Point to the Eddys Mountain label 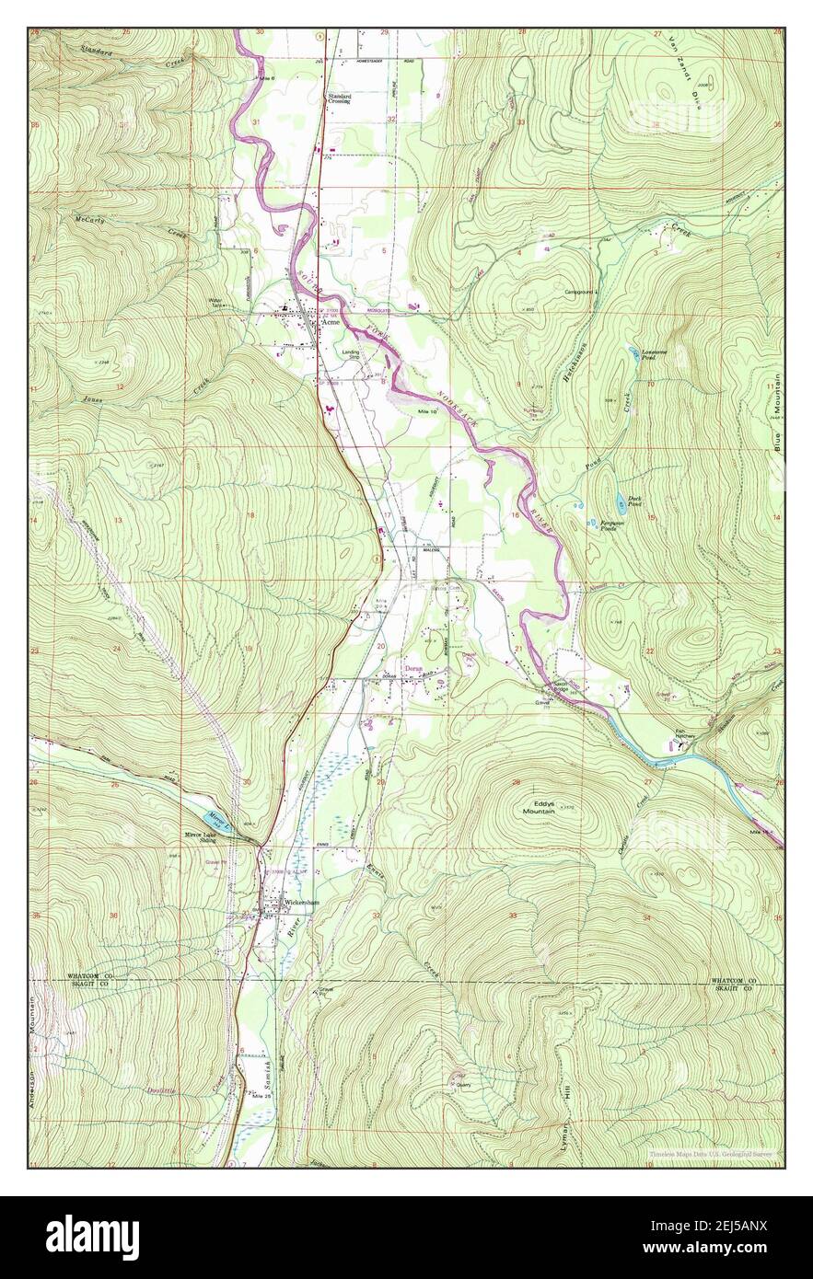tap(540, 806)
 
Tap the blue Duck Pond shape tap(622, 501)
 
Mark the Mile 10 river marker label tap(425, 410)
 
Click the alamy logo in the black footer tap(92, 1238)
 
